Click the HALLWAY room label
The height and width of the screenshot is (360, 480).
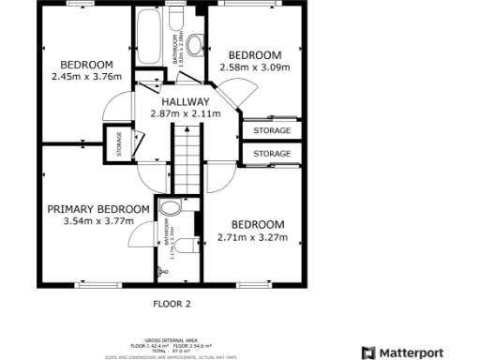point(185,101)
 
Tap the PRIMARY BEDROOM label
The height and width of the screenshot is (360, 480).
point(98,209)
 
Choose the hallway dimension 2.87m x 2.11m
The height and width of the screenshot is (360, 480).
point(185,113)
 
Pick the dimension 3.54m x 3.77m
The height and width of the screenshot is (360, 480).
point(98,221)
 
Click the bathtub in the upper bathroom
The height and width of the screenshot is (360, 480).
point(149,37)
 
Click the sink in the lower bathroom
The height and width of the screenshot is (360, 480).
point(171,208)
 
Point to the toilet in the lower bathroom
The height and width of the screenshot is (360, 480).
point(187,245)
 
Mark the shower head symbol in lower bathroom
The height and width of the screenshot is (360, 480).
point(162,271)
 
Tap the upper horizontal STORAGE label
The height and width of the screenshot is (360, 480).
point(272,131)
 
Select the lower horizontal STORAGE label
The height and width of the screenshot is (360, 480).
point(272,153)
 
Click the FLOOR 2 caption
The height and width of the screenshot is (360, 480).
point(172,304)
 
